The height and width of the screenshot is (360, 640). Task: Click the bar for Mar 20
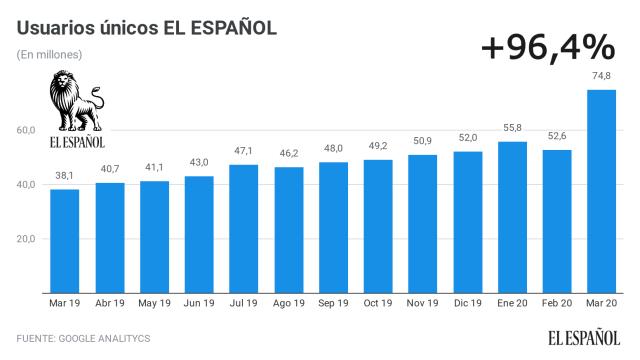point(601,190)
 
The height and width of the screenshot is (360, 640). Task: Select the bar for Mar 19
point(64,240)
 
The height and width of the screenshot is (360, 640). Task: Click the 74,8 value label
point(601,75)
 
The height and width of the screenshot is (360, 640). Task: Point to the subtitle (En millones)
point(49,54)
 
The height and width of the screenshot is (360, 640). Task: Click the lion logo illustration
point(76,101)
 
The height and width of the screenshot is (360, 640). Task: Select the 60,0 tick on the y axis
point(25,131)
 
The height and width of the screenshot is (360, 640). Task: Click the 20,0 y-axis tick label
point(25,239)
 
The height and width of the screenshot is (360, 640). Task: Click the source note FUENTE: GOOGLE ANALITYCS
point(83,339)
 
